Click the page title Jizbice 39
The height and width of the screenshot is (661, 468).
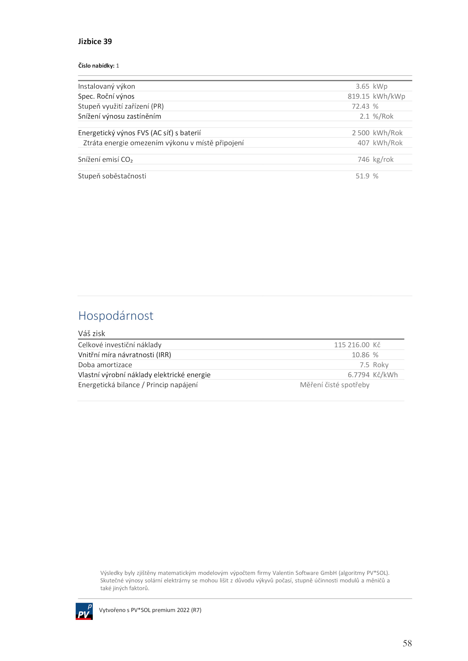(95, 41)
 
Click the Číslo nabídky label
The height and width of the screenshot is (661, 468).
(96, 66)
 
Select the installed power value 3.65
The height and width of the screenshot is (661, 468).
(362, 86)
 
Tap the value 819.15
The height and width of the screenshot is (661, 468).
(358, 96)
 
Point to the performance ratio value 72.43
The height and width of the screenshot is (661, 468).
(360, 106)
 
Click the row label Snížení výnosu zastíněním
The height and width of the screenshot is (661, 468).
(119, 116)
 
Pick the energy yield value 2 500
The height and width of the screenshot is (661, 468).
(361, 133)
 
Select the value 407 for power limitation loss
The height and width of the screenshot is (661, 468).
(363, 143)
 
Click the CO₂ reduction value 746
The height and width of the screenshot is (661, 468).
(363, 160)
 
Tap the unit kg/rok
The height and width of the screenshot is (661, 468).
(383, 160)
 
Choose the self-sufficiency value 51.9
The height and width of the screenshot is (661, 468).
(362, 176)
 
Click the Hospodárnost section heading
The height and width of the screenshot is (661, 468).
(116, 316)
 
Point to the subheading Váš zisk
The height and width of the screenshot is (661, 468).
(91, 334)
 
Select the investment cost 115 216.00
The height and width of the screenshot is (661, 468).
(352, 345)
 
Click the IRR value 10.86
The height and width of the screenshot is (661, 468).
(360, 355)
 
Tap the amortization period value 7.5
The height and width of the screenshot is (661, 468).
(364, 365)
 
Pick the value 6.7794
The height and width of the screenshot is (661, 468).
(358, 375)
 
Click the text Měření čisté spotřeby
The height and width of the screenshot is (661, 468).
(335, 385)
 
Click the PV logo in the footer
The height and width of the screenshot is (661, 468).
(84, 611)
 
